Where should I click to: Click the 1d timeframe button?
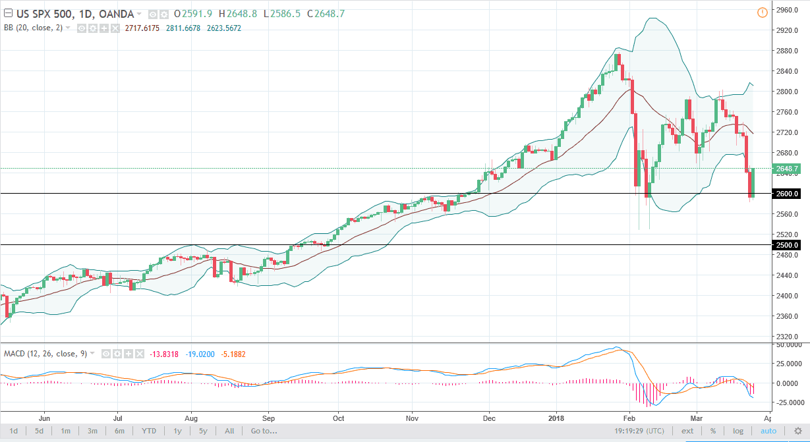click(13, 431)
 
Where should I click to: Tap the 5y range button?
click(203, 431)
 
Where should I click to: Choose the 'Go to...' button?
click(264, 431)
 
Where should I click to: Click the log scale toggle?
click(738, 431)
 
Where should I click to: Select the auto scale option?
click(768, 431)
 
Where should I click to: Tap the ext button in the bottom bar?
click(687, 431)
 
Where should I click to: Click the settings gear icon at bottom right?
click(797, 431)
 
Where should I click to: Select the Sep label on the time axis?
click(268, 418)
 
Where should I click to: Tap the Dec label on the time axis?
click(490, 418)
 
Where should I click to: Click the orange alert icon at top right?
click(763, 12)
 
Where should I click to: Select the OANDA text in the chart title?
click(120, 14)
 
